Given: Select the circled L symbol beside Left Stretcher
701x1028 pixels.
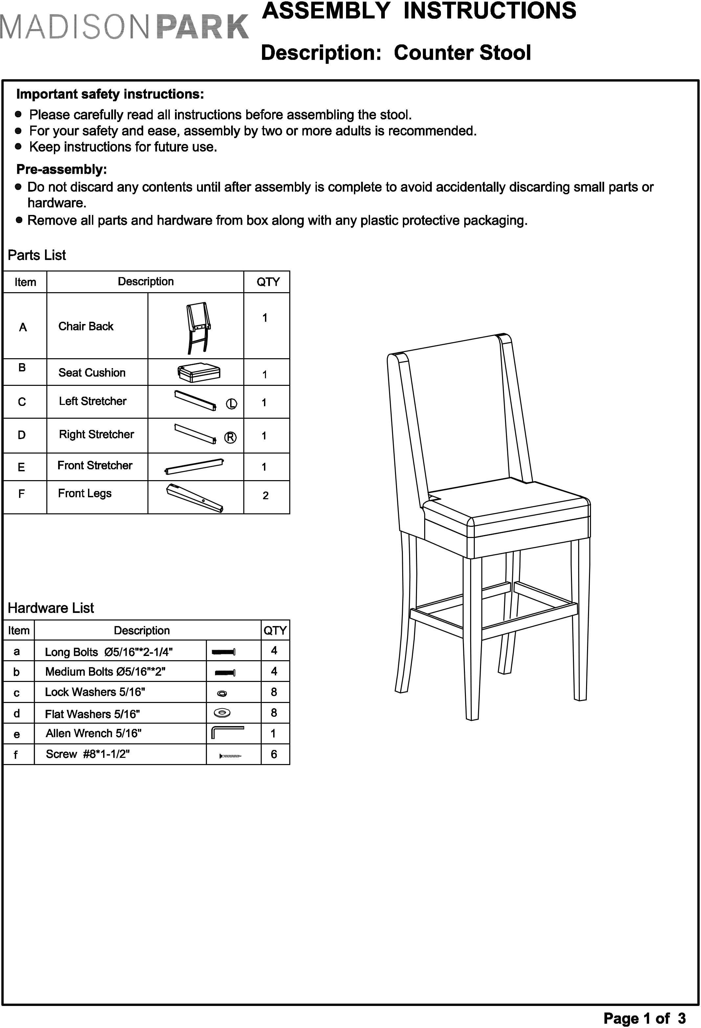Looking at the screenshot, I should [x=231, y=404].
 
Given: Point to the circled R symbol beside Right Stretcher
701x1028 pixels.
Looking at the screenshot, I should [x=230, y=437].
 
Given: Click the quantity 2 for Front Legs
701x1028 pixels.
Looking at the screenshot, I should [x=265, y=495].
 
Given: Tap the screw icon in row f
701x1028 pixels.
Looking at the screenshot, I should [x=230, y=756].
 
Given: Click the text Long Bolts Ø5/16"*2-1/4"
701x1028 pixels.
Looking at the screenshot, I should [x=109, y=652].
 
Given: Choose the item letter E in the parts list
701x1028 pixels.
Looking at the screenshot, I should [x=21, y=467].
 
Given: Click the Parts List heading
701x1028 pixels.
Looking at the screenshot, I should [x=37, y=255].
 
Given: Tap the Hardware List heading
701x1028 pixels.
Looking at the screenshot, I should [x=51, y=608].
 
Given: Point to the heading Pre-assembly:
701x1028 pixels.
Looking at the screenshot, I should [x=61, y=170].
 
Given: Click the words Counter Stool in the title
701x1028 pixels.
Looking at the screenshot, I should [x=462, y=53].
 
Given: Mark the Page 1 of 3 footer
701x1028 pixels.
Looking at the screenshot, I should [x=645, y=1018].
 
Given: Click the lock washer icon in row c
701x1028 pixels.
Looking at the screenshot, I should [x=222, y=693].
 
